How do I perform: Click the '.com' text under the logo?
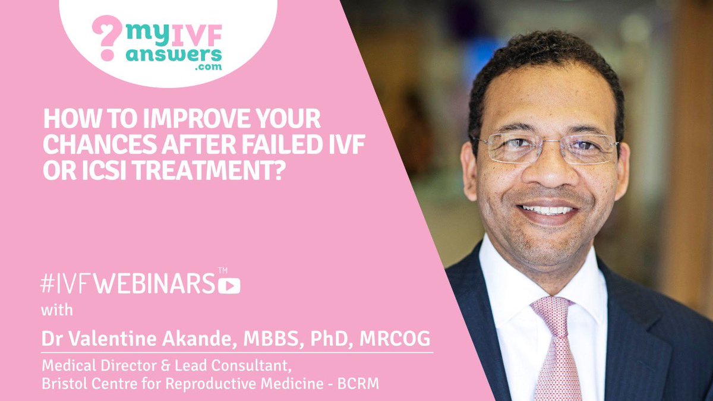pyautogui.click(x=208, y=67)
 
